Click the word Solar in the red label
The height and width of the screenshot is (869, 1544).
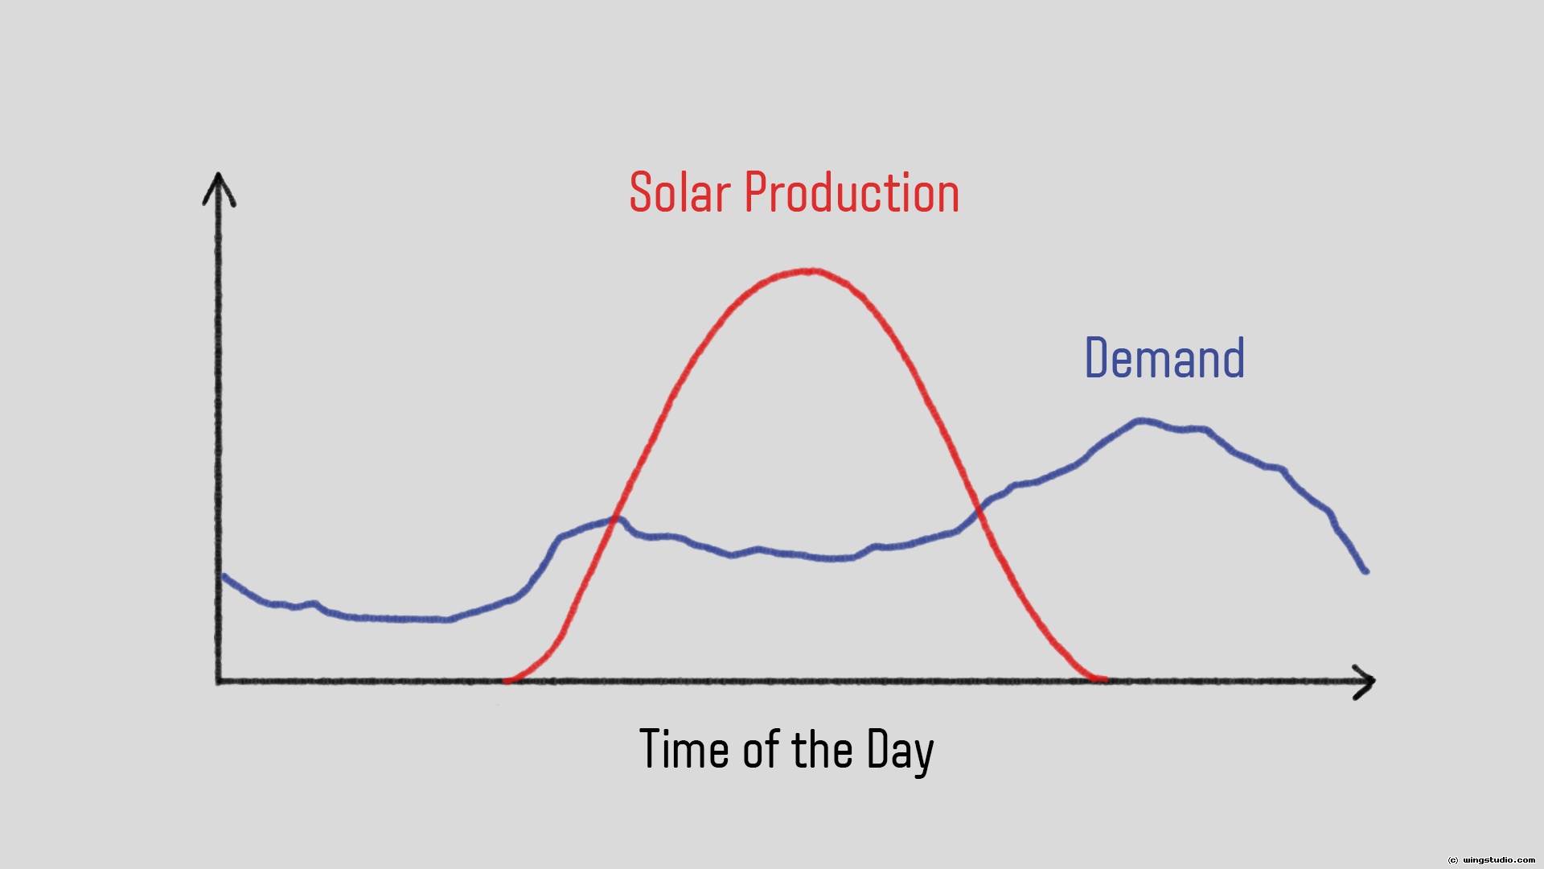click(680, 193)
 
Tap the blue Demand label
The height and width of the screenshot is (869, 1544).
click(1164, 358)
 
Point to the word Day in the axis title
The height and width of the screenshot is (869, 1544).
click(901, 752)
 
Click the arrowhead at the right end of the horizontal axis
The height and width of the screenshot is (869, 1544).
click(1364, 682)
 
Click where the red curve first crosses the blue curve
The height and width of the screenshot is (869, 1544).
click(616, 518)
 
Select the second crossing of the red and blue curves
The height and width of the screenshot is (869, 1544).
click(979, 509)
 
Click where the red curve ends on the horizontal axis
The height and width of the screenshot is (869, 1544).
click(1103, 680)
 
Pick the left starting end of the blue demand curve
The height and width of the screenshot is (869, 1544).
click(224, 576)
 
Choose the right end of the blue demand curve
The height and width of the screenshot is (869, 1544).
click(1365, 570)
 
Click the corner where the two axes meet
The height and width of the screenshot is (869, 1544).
click(219, 681)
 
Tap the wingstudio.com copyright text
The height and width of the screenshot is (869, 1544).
click(1491, 860)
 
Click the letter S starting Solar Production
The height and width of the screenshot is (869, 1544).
click(640, 193)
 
